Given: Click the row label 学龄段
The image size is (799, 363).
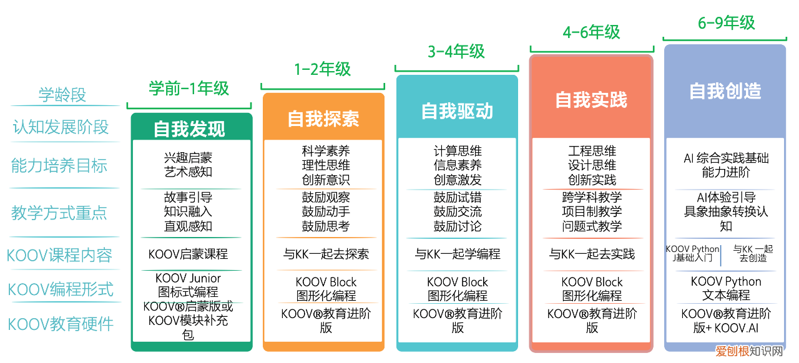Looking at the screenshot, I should [62, 95].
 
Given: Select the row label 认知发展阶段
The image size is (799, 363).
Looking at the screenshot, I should [61, 127].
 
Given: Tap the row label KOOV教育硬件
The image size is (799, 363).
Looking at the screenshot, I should [61, 324].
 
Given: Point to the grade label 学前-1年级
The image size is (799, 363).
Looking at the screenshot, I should [189, 89].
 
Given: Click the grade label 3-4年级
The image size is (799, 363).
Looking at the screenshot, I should [456, 51].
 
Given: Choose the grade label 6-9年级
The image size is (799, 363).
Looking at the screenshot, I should [726, 23].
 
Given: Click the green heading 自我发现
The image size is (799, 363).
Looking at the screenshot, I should [189, 128].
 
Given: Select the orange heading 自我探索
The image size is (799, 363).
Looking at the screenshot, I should [323, 119].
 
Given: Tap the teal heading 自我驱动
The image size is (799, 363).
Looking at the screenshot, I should [457, 111].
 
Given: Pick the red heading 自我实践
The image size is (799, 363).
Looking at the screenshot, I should [591, 100].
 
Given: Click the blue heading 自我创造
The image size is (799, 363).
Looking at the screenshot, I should [725, 91].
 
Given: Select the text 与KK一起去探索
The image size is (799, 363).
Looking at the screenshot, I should [326, 254].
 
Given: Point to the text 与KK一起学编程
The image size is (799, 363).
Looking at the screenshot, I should [458, 254].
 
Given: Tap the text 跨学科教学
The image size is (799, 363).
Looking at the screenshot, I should [592, 197].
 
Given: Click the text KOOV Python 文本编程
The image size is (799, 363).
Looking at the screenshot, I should [726, 288].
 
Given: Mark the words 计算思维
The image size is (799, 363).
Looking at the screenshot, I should [458, 151].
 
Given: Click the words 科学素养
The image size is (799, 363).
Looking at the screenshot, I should [326, 151].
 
